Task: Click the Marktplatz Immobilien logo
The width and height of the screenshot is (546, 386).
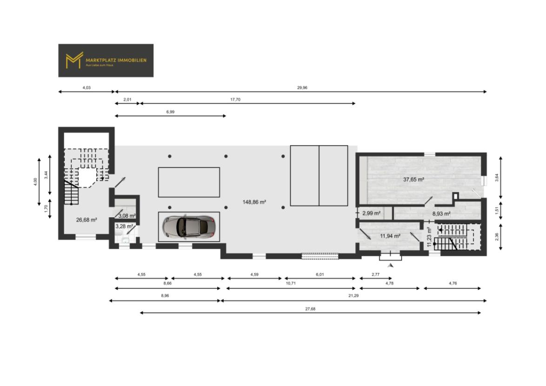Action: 106,60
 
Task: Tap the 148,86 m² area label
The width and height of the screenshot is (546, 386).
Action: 254,202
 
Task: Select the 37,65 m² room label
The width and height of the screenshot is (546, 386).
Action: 413,179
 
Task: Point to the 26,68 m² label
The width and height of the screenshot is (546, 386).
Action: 86,220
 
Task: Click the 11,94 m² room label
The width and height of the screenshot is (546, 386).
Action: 390,236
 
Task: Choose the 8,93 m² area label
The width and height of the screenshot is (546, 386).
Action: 441,214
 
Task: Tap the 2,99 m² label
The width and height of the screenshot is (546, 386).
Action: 372,213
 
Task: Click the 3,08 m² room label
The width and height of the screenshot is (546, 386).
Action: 127,216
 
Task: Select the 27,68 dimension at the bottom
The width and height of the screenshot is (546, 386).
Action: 311,309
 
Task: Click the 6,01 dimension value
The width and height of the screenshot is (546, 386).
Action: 320,275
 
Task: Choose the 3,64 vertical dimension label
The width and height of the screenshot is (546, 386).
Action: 497,178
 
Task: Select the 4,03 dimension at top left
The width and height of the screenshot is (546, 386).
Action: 86,87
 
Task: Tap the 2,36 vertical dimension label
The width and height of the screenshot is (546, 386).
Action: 497,237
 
